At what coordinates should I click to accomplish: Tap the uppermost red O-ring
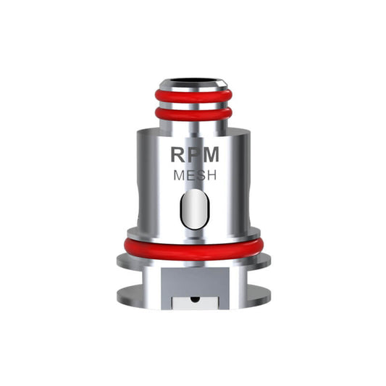point(193,96)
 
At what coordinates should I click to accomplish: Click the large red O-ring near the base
point(193,247)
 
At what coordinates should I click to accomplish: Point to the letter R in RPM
point(178,156)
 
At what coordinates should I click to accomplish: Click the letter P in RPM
point(194,156)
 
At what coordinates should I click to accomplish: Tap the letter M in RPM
point(211,156)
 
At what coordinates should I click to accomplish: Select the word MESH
point(194,175)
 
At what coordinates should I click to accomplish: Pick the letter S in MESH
point(199,175)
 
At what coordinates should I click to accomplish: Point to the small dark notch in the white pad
point(193,297)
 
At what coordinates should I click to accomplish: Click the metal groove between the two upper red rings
point(193,104)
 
